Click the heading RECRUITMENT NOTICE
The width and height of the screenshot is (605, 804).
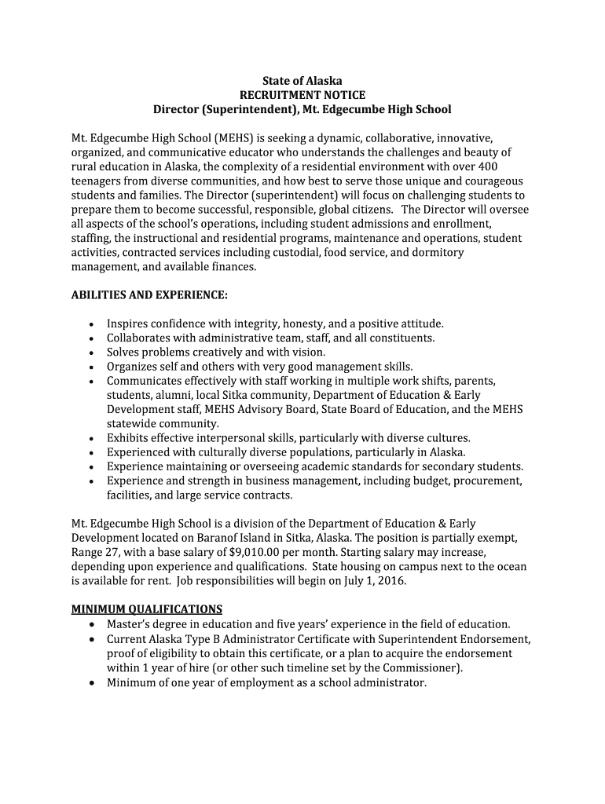click(302, 95)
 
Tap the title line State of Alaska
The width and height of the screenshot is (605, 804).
click(302, 81)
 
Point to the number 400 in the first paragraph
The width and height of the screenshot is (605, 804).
click(487, 166)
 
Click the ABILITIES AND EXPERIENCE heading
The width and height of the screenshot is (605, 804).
click(149, 294)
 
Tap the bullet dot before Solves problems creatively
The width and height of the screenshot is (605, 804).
click(93, 353)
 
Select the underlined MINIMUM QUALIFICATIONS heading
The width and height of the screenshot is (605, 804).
click(147, 609)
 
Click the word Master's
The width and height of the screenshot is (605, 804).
click(131, 624)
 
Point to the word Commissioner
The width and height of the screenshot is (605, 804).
click(420, 668)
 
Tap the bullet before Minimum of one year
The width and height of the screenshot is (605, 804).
click(93, 683)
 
